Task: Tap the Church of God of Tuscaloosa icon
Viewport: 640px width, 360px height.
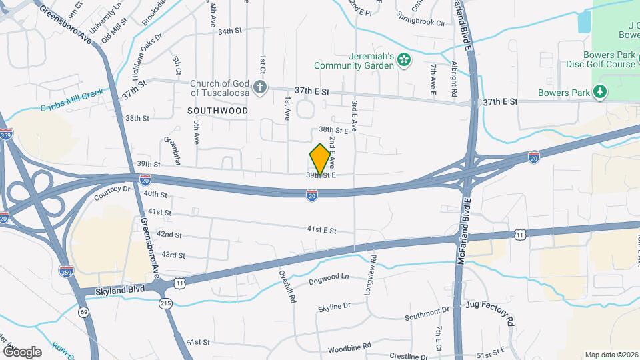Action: [260, 87]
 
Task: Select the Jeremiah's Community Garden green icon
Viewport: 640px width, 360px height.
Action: [403, 61]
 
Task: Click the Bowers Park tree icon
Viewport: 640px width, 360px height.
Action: [601, 91]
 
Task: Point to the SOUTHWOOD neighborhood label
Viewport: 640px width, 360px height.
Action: [217, 111]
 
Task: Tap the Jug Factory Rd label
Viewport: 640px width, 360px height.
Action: [490, 314]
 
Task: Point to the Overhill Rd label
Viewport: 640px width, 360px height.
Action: [287, 287]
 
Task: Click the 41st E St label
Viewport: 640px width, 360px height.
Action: [321, 230]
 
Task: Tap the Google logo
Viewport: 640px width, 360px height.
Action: [22, 351]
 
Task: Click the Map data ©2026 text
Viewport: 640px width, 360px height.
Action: [611, 355]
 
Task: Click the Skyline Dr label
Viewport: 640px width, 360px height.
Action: [334, 306]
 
